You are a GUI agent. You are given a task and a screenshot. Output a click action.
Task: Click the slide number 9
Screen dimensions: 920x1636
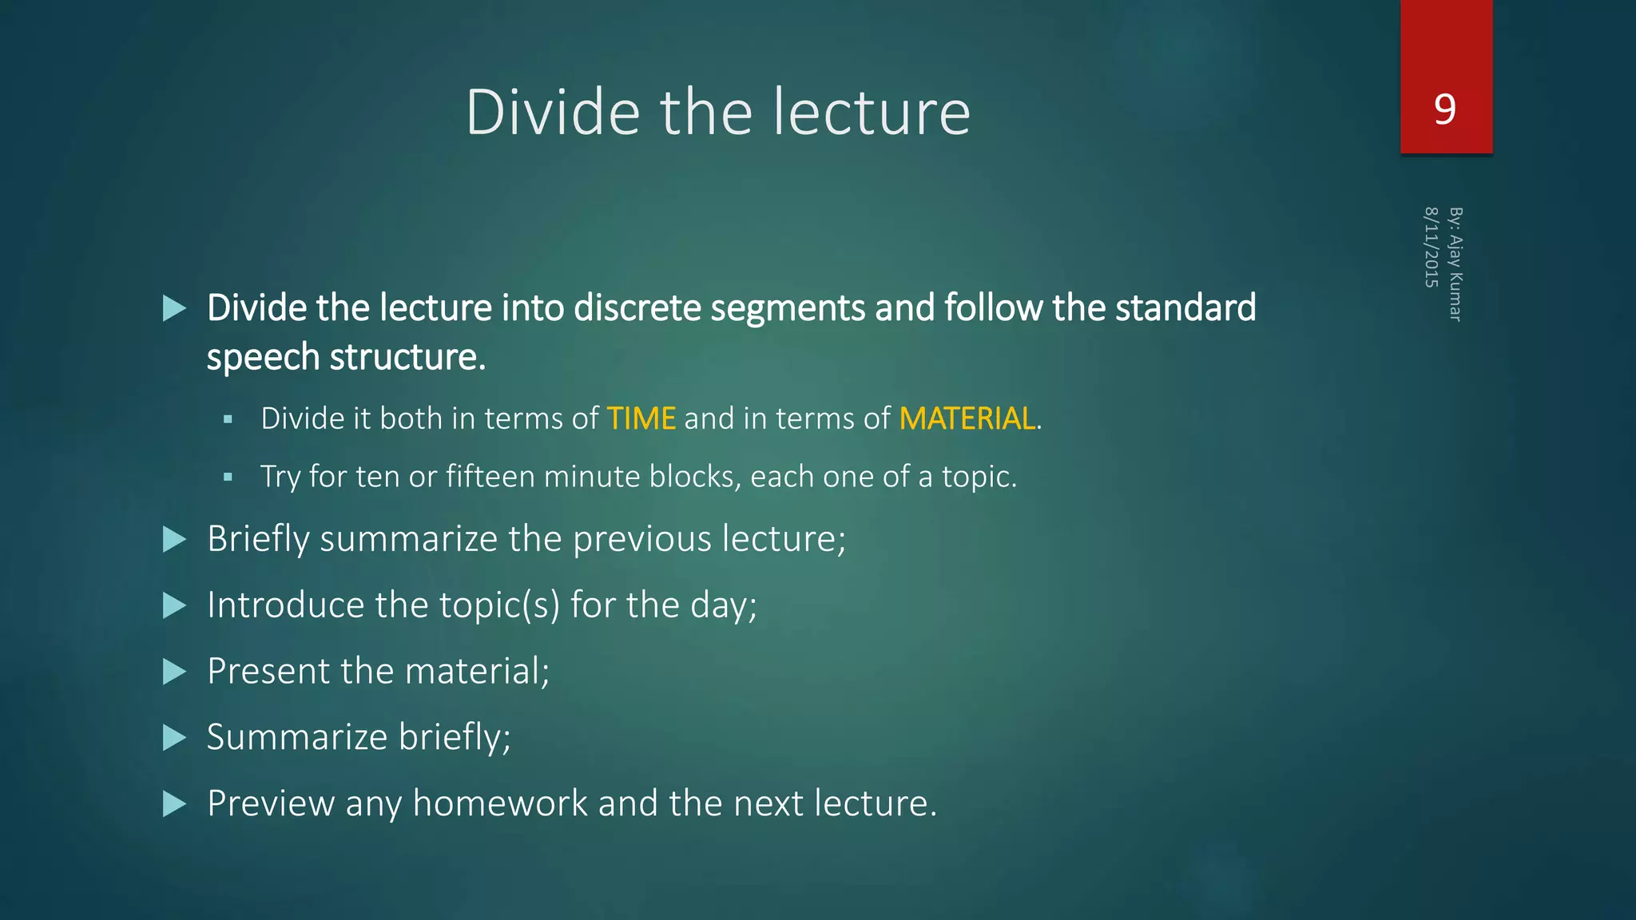click(x=1445, y=109)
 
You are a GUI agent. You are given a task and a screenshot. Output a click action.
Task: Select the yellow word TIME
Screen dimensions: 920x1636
click(x=641, y=418)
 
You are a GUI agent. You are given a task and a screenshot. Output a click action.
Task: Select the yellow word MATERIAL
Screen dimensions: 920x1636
click(x=967, y=418)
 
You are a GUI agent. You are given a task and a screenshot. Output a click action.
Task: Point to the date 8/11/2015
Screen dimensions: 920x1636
click(x=1431, y=247)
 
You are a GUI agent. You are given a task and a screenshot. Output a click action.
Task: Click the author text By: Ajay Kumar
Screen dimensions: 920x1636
click(x=1455, y=264)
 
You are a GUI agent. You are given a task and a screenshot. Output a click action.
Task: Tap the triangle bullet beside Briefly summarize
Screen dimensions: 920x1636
click(x=174, y=539)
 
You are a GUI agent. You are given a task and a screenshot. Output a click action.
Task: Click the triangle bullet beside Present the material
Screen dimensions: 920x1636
click(x=174, y=672)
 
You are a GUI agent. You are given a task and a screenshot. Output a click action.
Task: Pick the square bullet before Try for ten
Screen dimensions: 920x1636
click(x=228, y=478)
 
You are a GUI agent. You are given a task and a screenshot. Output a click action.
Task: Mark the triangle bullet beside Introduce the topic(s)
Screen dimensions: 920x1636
click(x=174, y=605)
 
